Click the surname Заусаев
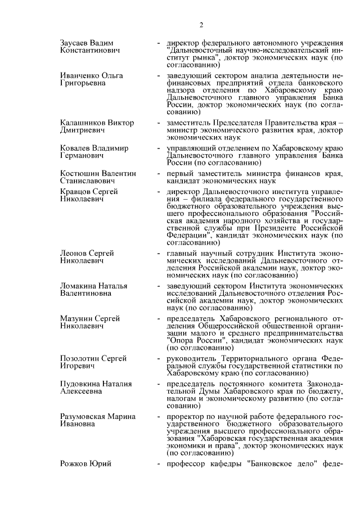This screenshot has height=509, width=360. [76, 43]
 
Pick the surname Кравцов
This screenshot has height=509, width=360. [75, 192]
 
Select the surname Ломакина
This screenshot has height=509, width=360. [79, 286]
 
